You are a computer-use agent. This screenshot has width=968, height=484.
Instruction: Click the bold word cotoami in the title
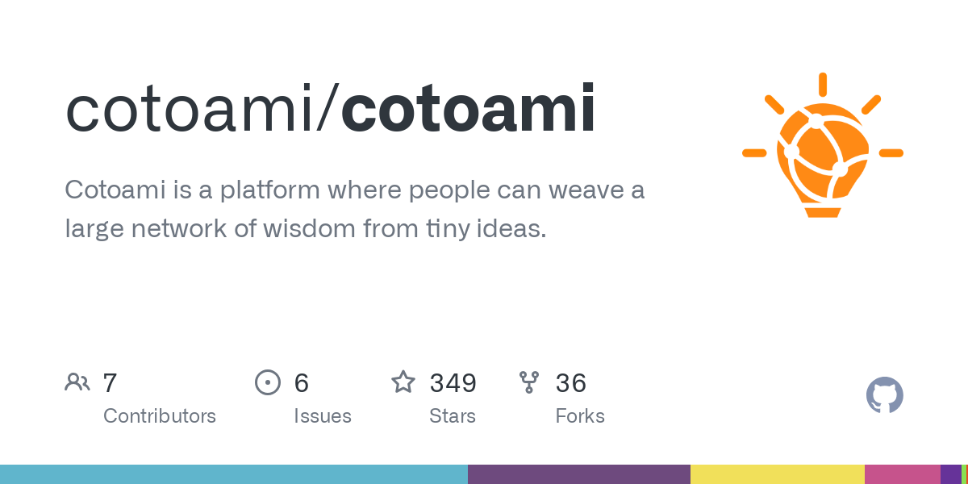[x=469, y=109]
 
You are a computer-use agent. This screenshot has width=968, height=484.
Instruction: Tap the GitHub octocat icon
[x=884, y=395]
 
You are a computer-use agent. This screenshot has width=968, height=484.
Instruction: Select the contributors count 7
[x=111, y=383]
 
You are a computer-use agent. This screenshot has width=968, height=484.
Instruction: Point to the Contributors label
[x=160, y=416]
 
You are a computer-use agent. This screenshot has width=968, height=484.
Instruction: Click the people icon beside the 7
[x=77, y=382]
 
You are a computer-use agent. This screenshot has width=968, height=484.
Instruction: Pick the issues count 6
[x=301, y=383]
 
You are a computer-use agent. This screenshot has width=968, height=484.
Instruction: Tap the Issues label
[x=323, y=416]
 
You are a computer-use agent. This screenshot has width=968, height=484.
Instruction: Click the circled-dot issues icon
[x=267, y=382]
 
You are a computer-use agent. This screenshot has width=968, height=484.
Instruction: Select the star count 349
[x=453, y=383]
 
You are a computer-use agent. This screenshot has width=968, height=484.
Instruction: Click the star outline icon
[x=403, y=382]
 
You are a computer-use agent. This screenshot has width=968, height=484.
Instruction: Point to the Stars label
[x=453, y=416]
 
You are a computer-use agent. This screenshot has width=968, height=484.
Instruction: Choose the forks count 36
[x=570, y=383]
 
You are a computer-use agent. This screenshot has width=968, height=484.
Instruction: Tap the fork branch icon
[x=529, y=382]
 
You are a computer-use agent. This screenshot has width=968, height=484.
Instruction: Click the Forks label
[x=580, y=416]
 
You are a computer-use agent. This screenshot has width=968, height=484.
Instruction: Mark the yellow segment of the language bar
[x=777, y=474]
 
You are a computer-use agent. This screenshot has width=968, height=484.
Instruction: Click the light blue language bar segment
[x=234, y=474]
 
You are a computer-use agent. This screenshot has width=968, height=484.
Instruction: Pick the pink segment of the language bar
[x=902, y=474]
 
